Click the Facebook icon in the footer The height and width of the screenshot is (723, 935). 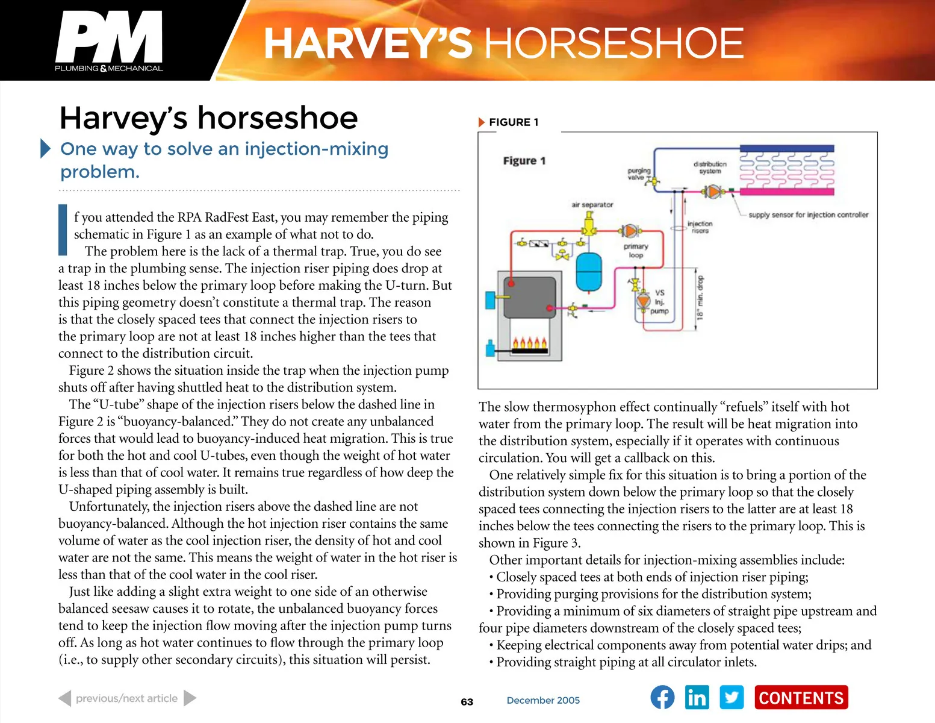point(662,698)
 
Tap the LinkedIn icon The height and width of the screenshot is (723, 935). point(697,698)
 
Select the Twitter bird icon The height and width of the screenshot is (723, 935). point(732,698)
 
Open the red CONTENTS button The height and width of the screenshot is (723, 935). point(801,698)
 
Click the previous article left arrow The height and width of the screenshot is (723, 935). point(65,698)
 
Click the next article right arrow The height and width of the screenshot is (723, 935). point(190,698)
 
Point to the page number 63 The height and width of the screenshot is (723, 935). point(467,702)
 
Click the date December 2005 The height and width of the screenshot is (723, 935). point(543,700)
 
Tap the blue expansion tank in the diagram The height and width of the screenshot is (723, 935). point(589,272)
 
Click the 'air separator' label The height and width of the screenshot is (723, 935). point(592,205)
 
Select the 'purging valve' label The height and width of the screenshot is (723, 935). point(638,174)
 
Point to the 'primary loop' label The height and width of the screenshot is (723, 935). point(636,251)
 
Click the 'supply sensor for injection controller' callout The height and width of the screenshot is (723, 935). point(808,214)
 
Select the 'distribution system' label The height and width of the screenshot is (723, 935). point(710,167)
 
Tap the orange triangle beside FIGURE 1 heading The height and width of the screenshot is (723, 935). point(482,122)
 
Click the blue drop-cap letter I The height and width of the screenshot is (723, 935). point(63,230)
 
